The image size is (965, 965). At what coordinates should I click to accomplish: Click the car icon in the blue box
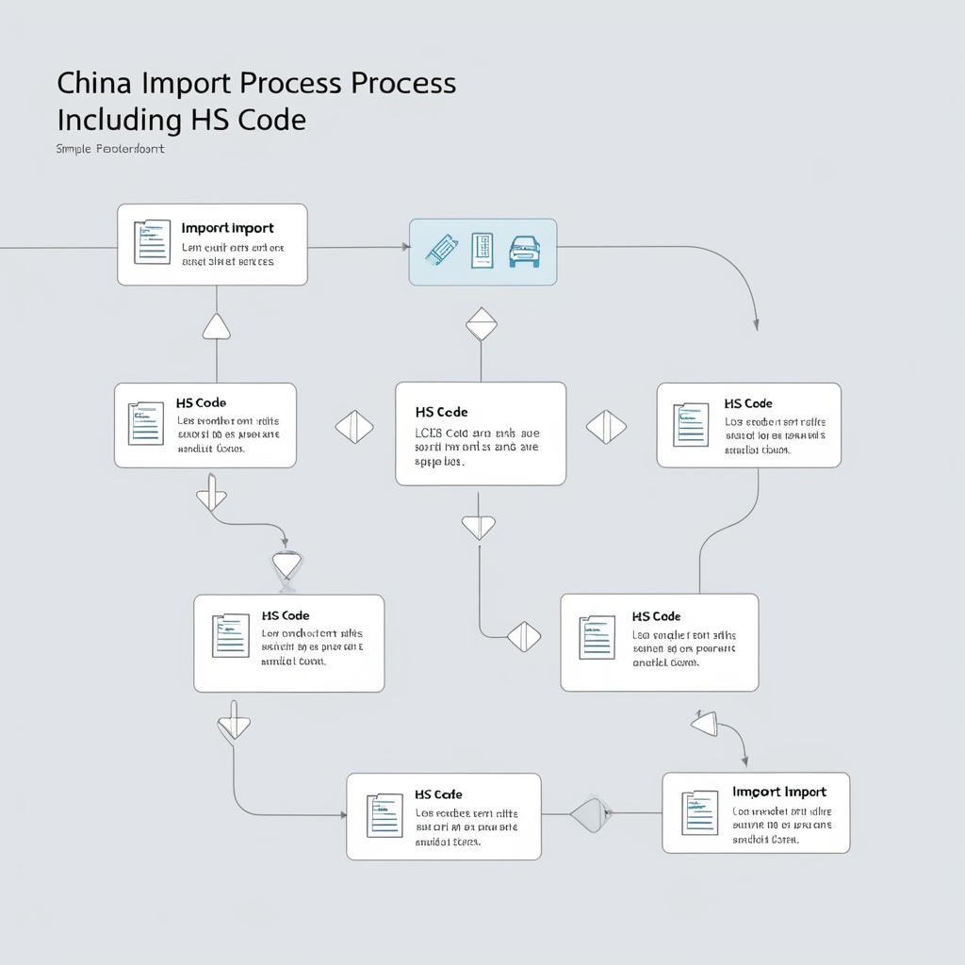(525, 252)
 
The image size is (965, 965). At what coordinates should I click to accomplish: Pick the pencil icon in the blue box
(441, 250)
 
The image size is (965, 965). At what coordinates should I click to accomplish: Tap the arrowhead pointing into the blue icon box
(405, 247)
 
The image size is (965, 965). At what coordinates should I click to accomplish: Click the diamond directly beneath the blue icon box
(481, 323)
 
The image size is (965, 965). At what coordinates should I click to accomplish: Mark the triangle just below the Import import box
(217, 327)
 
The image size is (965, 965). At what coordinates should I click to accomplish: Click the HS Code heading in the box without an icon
(441, 412)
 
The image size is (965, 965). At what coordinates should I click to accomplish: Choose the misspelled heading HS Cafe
(438, 794)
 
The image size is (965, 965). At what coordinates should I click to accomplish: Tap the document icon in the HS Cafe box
(384, 816)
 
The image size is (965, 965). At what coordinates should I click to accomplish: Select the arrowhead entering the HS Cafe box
(340, 813)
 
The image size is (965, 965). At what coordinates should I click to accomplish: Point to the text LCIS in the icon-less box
(428, 433)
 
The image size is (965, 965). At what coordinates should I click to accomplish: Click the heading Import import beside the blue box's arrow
(227, 228)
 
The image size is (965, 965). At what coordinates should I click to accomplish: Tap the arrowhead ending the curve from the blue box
(757, 325)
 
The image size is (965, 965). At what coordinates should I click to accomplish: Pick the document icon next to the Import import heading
(152, 242)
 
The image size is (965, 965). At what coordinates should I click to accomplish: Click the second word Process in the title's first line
(403, 83)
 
